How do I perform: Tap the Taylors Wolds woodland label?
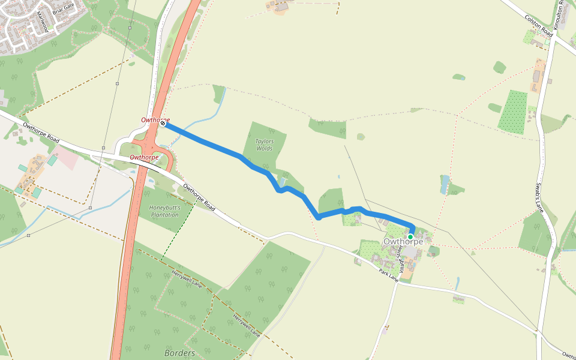(264, 145)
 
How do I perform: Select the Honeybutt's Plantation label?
(164, 211)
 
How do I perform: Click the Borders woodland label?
(179, 353)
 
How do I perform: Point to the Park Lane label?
(388, 275)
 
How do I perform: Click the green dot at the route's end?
(410, 237)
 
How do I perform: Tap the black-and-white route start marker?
(163, 123)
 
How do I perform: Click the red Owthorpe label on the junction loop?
(145, 157)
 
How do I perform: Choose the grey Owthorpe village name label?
(403, 242)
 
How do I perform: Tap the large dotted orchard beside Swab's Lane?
(513, 112)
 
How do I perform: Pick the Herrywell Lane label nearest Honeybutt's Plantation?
(186, 280)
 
